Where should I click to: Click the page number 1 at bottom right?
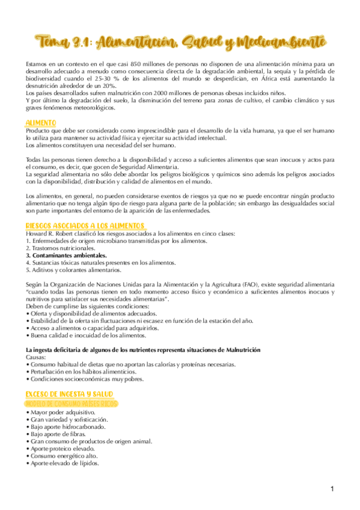coord(331,489)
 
